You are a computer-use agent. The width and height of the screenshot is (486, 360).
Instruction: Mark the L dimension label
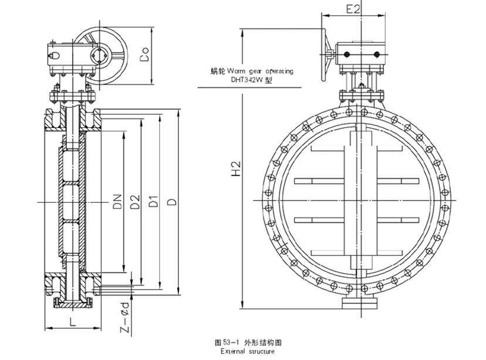pos(72,321)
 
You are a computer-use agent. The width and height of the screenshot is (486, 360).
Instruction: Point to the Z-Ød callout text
pos(126,317)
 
